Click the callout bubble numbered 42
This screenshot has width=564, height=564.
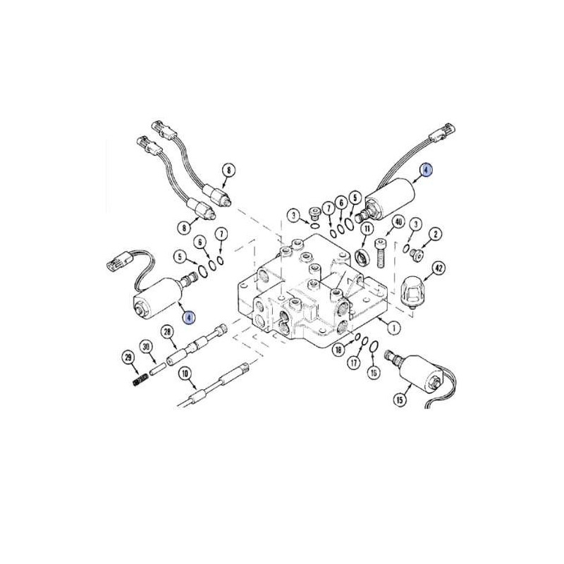click(x=439, y=269)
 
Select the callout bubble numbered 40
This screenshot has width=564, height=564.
click(x=398, y=222)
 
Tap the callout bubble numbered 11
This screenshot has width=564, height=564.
click(x=367, y=228)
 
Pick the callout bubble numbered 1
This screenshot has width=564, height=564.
click(x=393, y=328)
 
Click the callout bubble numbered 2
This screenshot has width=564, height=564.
click(x=435, y=235)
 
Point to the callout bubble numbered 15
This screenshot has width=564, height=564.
click(x=400, y=400)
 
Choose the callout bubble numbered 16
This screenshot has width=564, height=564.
click(x=374, y=373)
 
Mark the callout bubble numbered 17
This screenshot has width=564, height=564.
click(x=354, y=362)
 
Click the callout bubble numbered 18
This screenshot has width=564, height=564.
click(x=338, y=350)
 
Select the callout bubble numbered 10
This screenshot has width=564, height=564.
click(x=185, y=374)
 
